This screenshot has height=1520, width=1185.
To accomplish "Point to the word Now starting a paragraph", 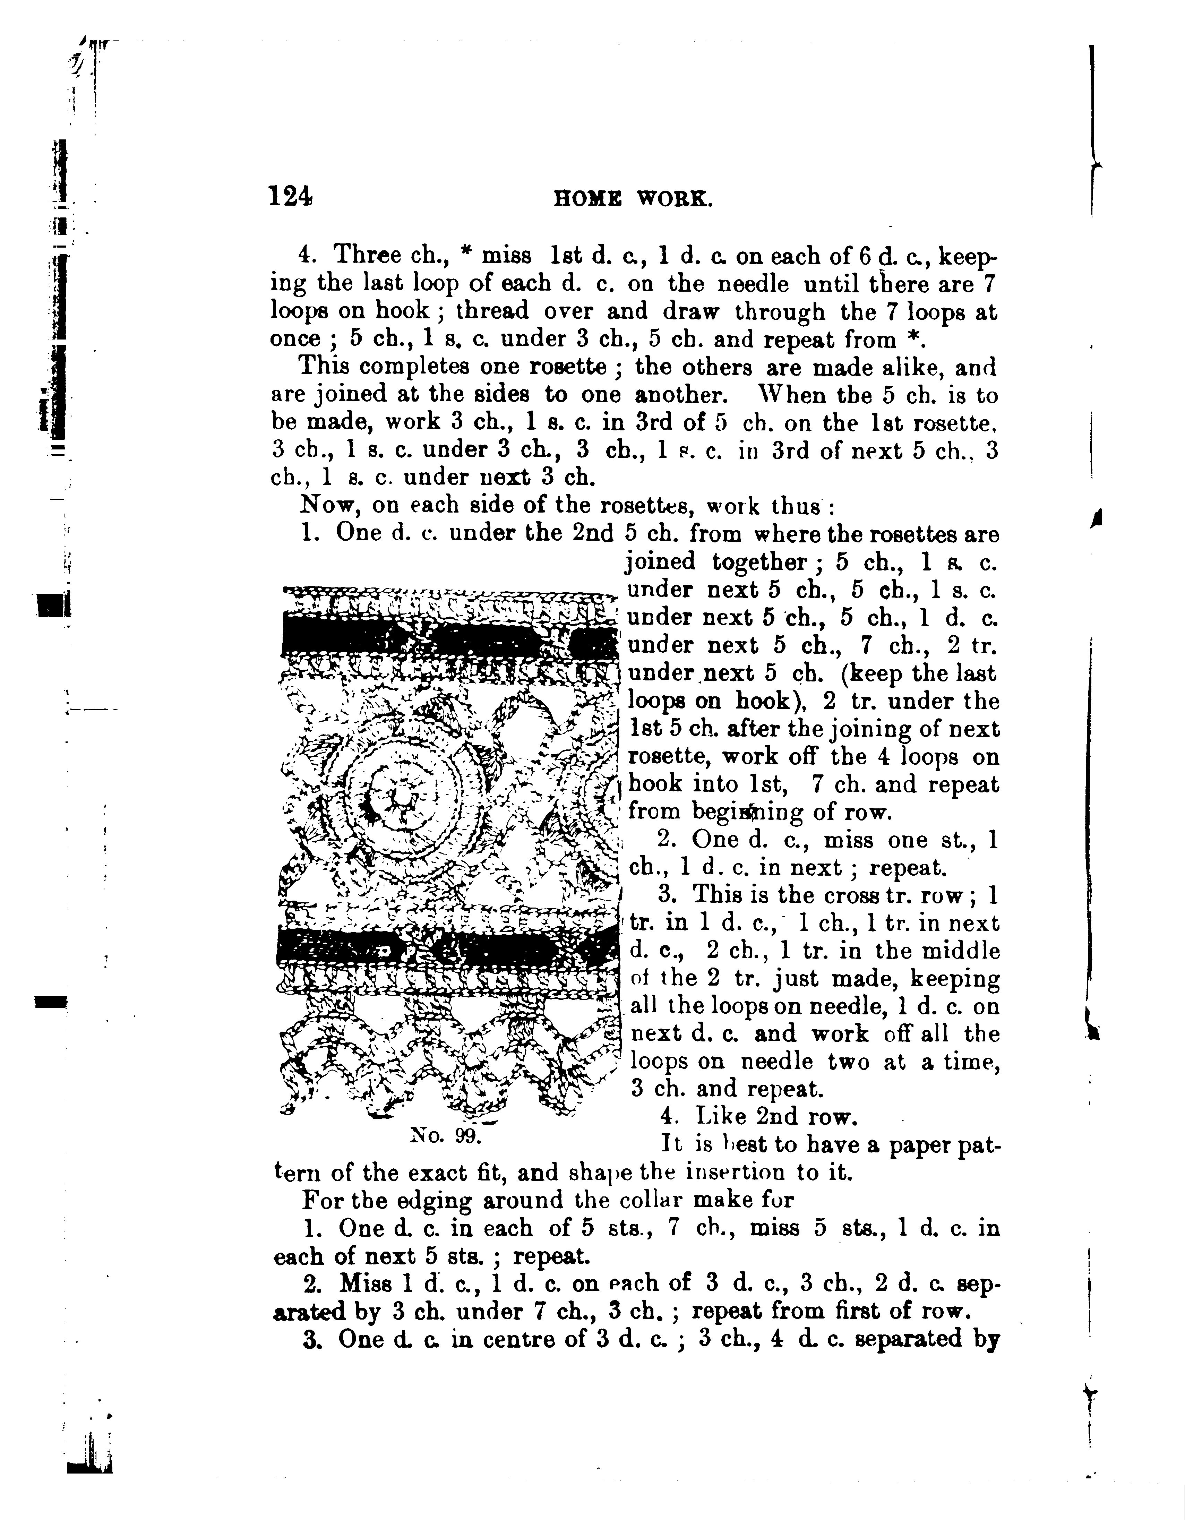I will point(325,505).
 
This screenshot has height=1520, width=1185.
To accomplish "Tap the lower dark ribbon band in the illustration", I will point(445,946).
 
